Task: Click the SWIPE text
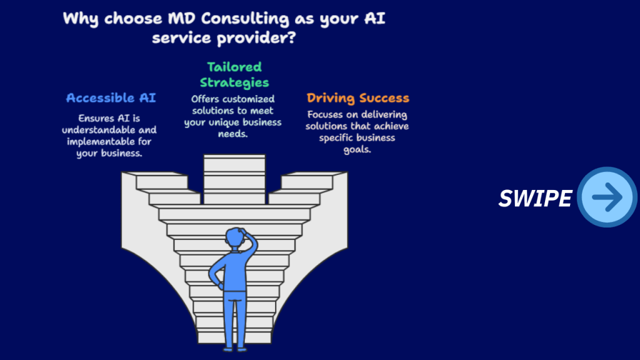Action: click(535, 198)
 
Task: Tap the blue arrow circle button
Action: click(607, 197)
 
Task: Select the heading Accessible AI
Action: click(111, 98)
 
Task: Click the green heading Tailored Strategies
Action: click(234, 74)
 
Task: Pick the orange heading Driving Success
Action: click(357, 98)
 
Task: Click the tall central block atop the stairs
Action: click(234, 178)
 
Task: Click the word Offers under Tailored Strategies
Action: click(206, 99)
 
